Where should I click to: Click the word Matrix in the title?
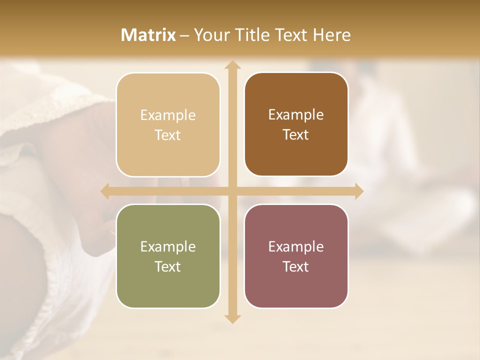pyautogui.click(x=148, y=35)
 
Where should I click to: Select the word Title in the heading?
pyautogui.click(x=249, y=35)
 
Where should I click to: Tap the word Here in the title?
pyautogui.click(x=332, y=35)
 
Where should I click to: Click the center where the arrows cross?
pyautogui.click(x=232, y=191)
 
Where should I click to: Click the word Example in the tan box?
pyautogui.click(x=168, y=115)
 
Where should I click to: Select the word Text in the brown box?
pyautogui.click(x=296, y=135)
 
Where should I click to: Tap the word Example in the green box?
pyautogui.click(x=168, y=247)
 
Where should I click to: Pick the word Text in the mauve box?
pyautogui.click(x=296, y=266)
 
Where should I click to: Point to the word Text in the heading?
pyautogui.click(x=290, y=35)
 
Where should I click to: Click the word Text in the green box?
pyautogui.click(x=168, y=266)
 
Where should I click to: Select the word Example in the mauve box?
pyautogui.click(x=296, y=246)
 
